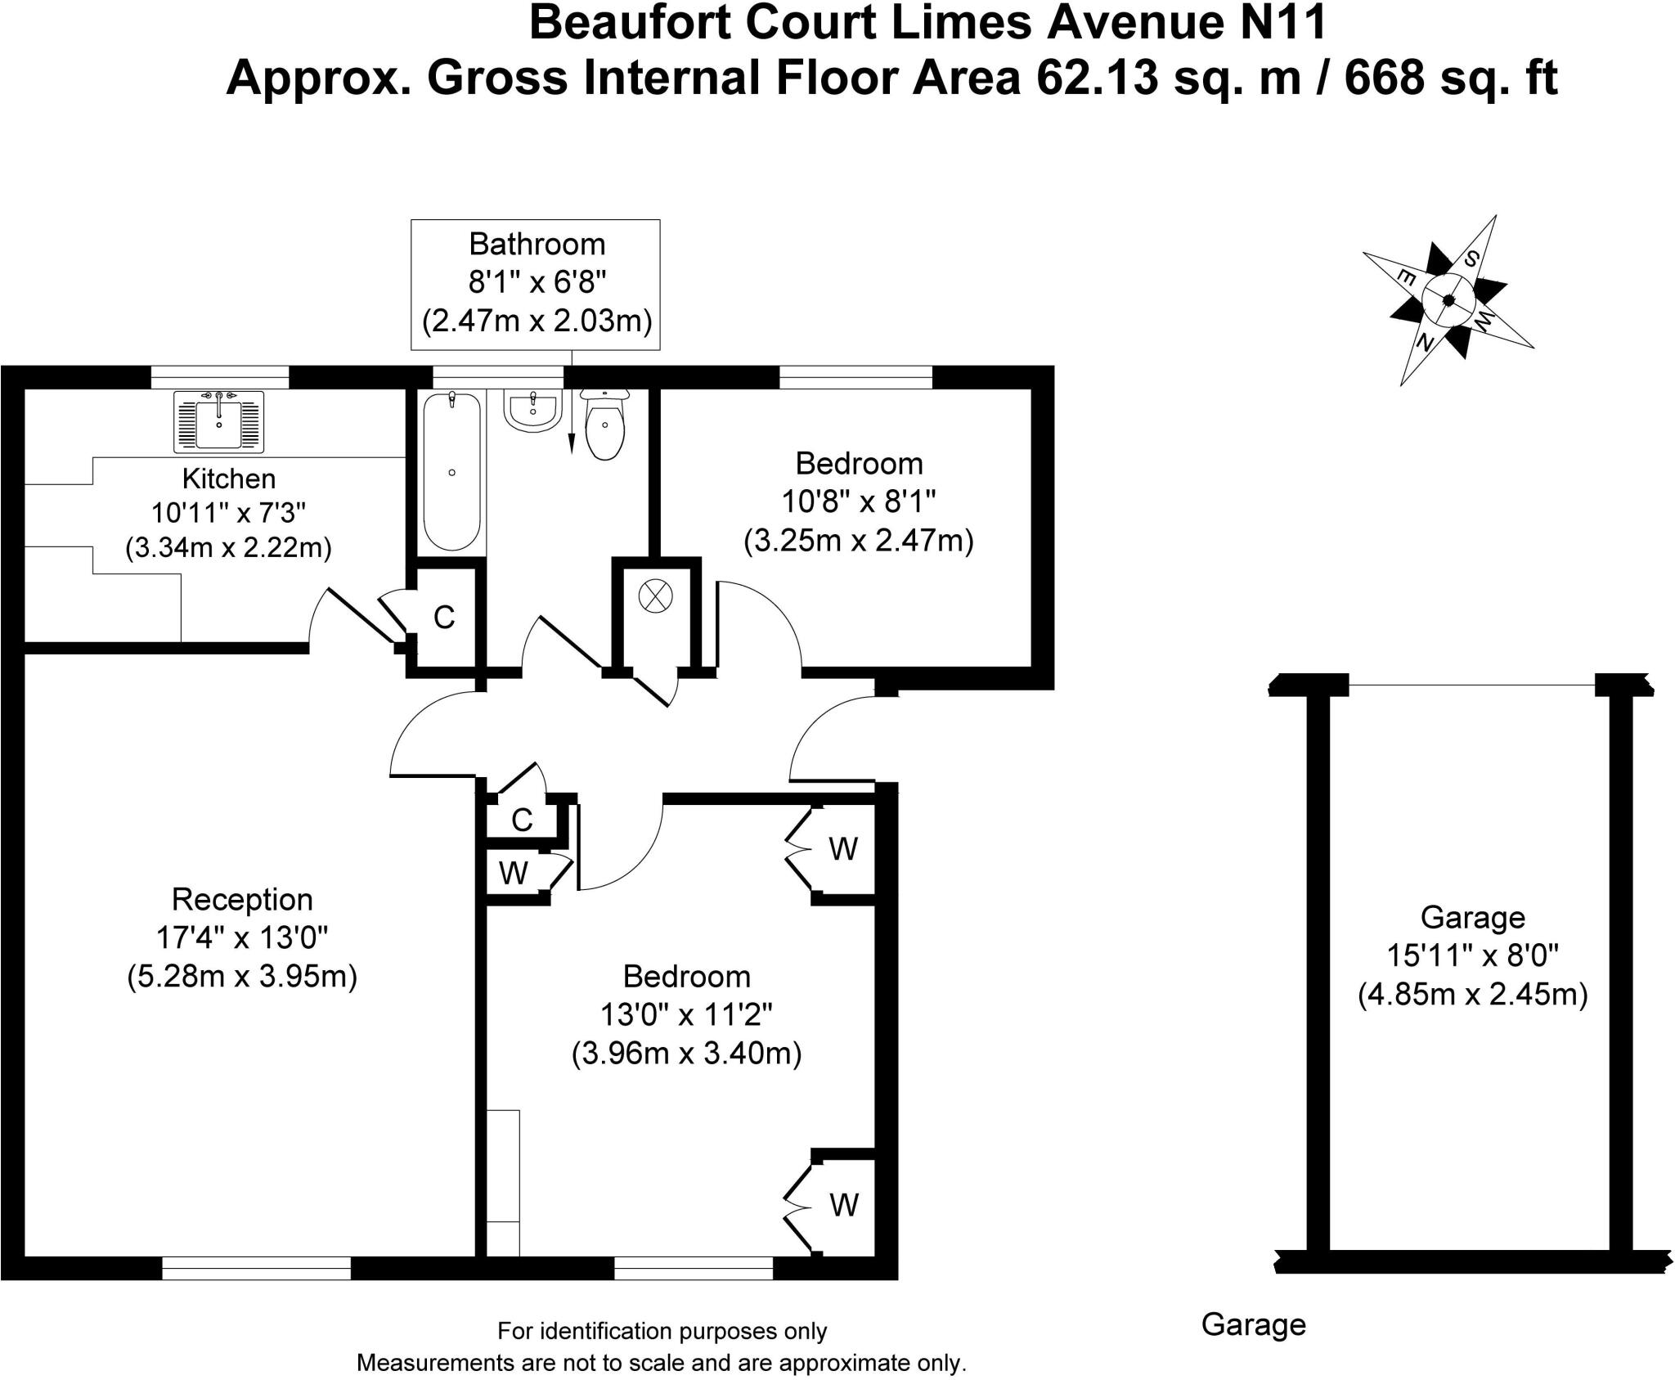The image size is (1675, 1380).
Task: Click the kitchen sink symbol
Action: (218, 421)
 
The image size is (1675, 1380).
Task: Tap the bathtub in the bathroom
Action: (451, 472)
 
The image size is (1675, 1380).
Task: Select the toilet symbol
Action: (604, 423)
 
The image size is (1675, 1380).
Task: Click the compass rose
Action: (1448, 300)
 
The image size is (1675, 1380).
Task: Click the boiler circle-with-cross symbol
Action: (655, 596)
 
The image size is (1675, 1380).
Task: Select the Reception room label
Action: (242, 900)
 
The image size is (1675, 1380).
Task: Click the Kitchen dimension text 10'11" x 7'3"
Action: (228, 513)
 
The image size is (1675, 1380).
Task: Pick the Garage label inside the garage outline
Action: (1472, 918)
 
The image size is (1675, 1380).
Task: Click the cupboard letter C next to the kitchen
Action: (444, 617)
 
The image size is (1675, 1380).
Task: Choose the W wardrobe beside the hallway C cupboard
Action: (513, 874)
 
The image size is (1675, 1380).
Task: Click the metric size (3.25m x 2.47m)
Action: (859, 541)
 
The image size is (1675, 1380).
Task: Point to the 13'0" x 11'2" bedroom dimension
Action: (686, 1015)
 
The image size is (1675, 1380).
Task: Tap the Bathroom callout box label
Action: (537, 244)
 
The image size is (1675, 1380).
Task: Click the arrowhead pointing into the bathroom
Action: (571, 443)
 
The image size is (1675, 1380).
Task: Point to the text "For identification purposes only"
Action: (662, 1332)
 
